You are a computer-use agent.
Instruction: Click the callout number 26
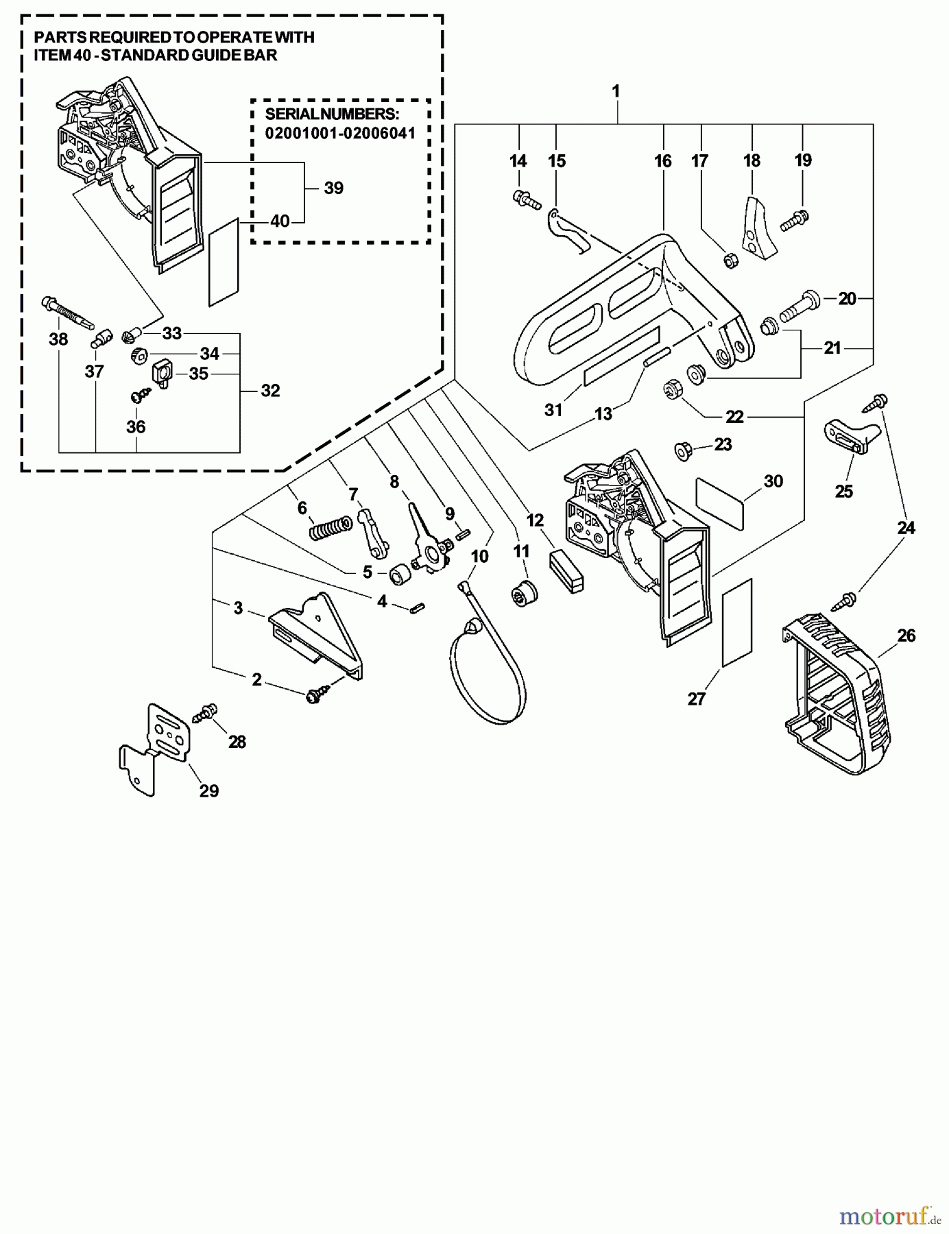click(906, 636)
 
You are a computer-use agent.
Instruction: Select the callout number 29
click(209, 790)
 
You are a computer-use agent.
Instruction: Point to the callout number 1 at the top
click(616, 90)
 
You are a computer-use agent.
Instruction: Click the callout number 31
click(553, 409)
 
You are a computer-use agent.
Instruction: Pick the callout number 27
click(697, 699)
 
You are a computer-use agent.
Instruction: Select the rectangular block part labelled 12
click(567, 568)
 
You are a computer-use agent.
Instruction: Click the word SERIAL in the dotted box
click(294, 114)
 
